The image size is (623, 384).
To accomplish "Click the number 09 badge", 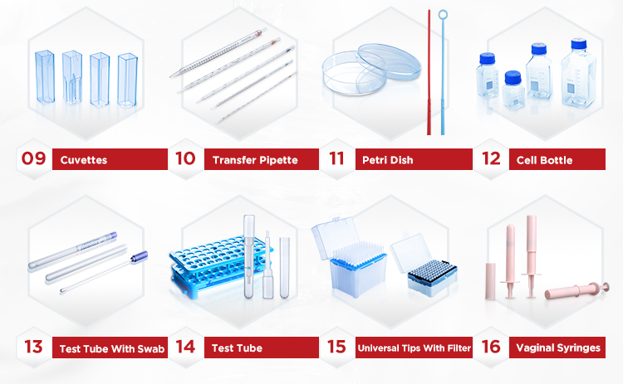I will [x=33, y=158].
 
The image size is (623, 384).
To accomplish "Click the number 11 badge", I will [x=336, y=158].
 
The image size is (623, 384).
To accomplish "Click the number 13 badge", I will [x=33, y=347].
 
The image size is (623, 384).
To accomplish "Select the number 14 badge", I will [x=185, y=347].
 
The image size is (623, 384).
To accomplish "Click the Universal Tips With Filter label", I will [x=413, y=348].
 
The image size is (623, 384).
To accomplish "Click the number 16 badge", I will [x=491, y=347].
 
